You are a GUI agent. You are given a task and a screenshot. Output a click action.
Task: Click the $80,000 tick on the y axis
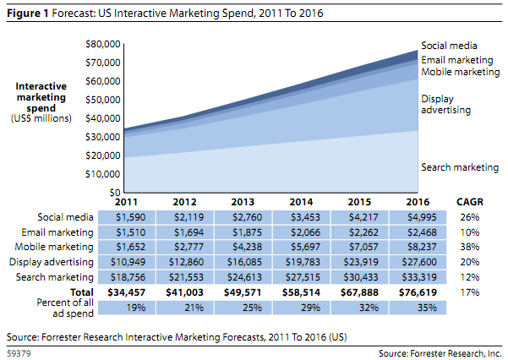click(104, 43)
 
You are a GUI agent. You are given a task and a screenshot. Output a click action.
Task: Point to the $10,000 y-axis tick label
click(104, 174)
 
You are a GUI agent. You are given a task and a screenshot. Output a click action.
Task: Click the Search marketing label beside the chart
click(460, 167)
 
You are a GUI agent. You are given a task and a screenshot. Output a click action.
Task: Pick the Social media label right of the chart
click(451, 46)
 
